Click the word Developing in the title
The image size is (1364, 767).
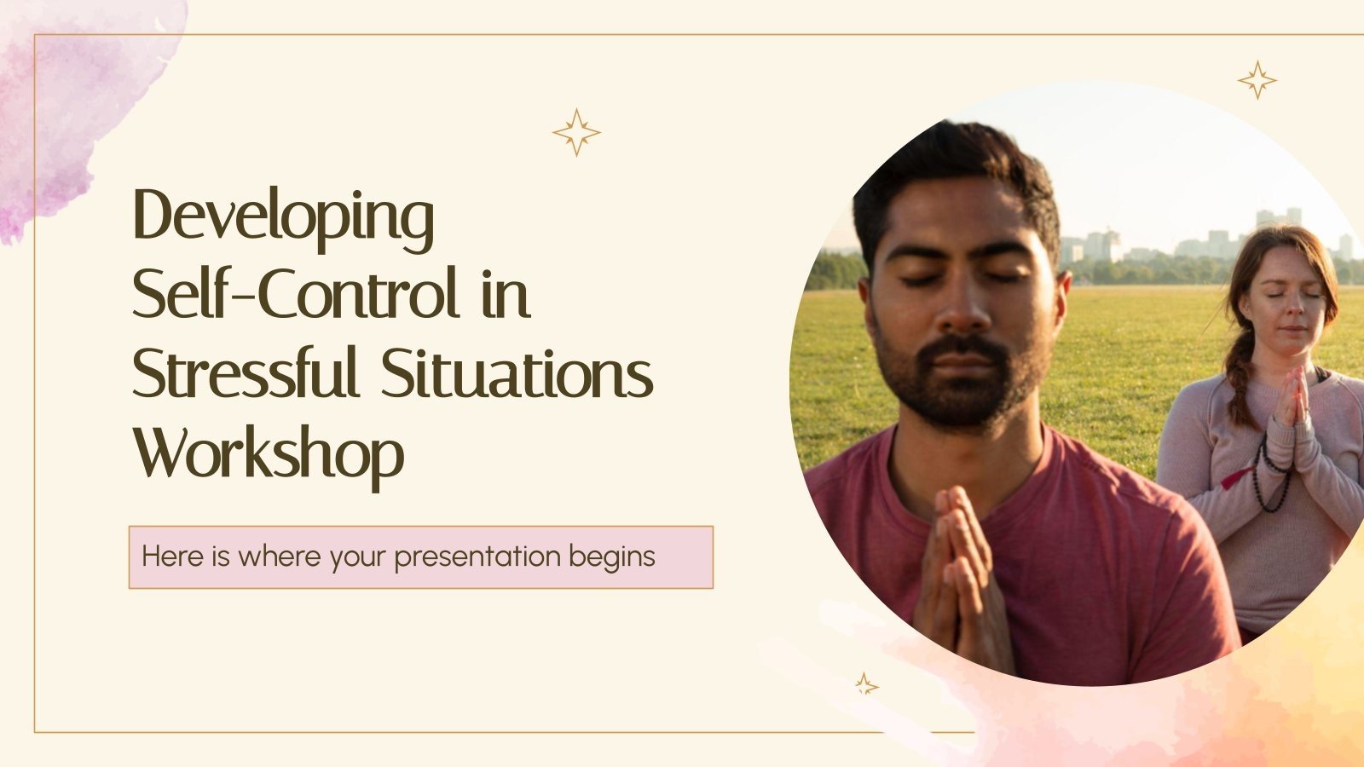283,218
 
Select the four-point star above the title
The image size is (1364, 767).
576,132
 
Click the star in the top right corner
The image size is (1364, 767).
1257,80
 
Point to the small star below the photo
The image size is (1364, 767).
866,683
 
